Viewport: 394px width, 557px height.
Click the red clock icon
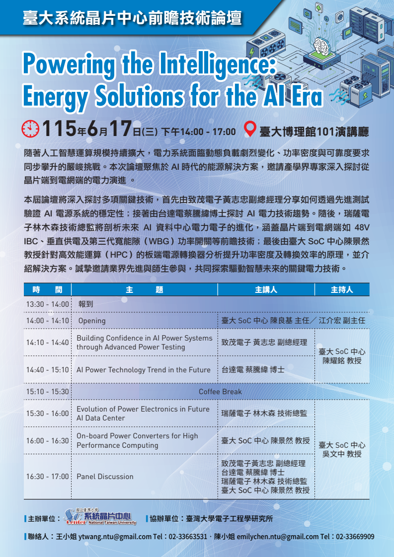tap(31, 129)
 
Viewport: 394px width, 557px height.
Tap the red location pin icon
tap(250, 129)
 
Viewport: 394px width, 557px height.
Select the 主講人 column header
tap(266, 289)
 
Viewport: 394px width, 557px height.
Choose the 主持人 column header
tap(342, 289)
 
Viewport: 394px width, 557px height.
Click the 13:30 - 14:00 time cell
tap(47, 304)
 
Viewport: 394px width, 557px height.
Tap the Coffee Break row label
tap(220, 392)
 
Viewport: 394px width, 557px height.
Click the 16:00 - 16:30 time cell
tap(47, 440)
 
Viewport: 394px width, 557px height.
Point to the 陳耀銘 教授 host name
tap(342, 360)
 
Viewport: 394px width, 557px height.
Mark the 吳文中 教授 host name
tap(342, 454)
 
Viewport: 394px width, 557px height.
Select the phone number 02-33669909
tap(355, 536)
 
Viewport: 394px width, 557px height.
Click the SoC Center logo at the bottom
tap(100, 517)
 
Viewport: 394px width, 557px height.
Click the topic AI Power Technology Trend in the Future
tap(143, 370)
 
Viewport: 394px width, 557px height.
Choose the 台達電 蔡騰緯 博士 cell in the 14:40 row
tap(253, 370)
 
